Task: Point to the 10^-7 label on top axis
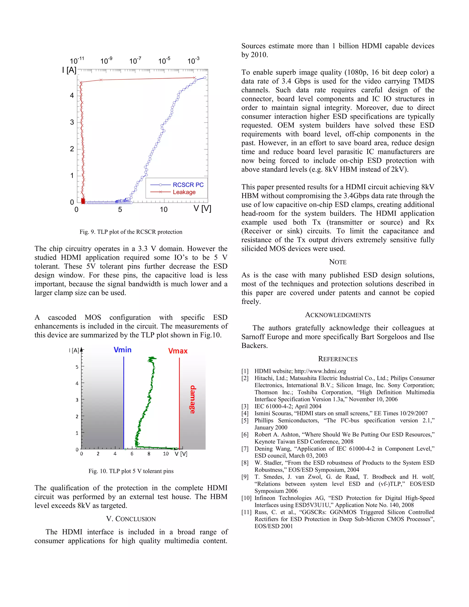tap(135, 61)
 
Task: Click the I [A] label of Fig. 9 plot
tap(69, 70)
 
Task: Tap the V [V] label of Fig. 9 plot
tap(202, 208)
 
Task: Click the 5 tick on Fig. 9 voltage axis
tap(120, 210)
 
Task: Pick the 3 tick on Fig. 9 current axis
tap(72, 122)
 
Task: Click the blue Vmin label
tap(123, 350)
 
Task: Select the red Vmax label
tap(178, 351)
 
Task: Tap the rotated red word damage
tap(193, 399)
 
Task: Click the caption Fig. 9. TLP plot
tap(131, 232)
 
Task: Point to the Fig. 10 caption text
tap(131, 471)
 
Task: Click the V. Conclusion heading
tap(131, 519)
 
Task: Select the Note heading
tap(338, 262)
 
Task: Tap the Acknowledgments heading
tap(338, 315)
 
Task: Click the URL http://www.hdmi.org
tap(320, 371)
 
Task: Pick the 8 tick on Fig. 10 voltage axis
tap(149, 454)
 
